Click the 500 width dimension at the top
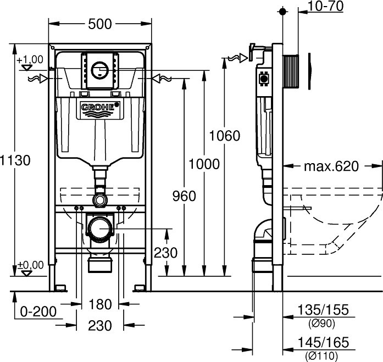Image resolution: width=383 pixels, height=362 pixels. [100, 24]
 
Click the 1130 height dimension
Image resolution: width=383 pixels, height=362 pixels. [15, 160]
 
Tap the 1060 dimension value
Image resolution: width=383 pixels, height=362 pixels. [225, 136]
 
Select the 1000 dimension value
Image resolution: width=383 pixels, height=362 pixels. [204, 164]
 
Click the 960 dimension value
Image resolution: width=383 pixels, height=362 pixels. [184, 196]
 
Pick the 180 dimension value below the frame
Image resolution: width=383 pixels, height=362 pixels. [100, 304]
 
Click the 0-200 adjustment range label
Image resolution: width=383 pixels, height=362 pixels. [38, 311]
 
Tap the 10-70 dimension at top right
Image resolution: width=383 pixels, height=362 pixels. [326, 6]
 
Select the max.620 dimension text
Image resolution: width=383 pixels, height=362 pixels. [331, 166]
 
